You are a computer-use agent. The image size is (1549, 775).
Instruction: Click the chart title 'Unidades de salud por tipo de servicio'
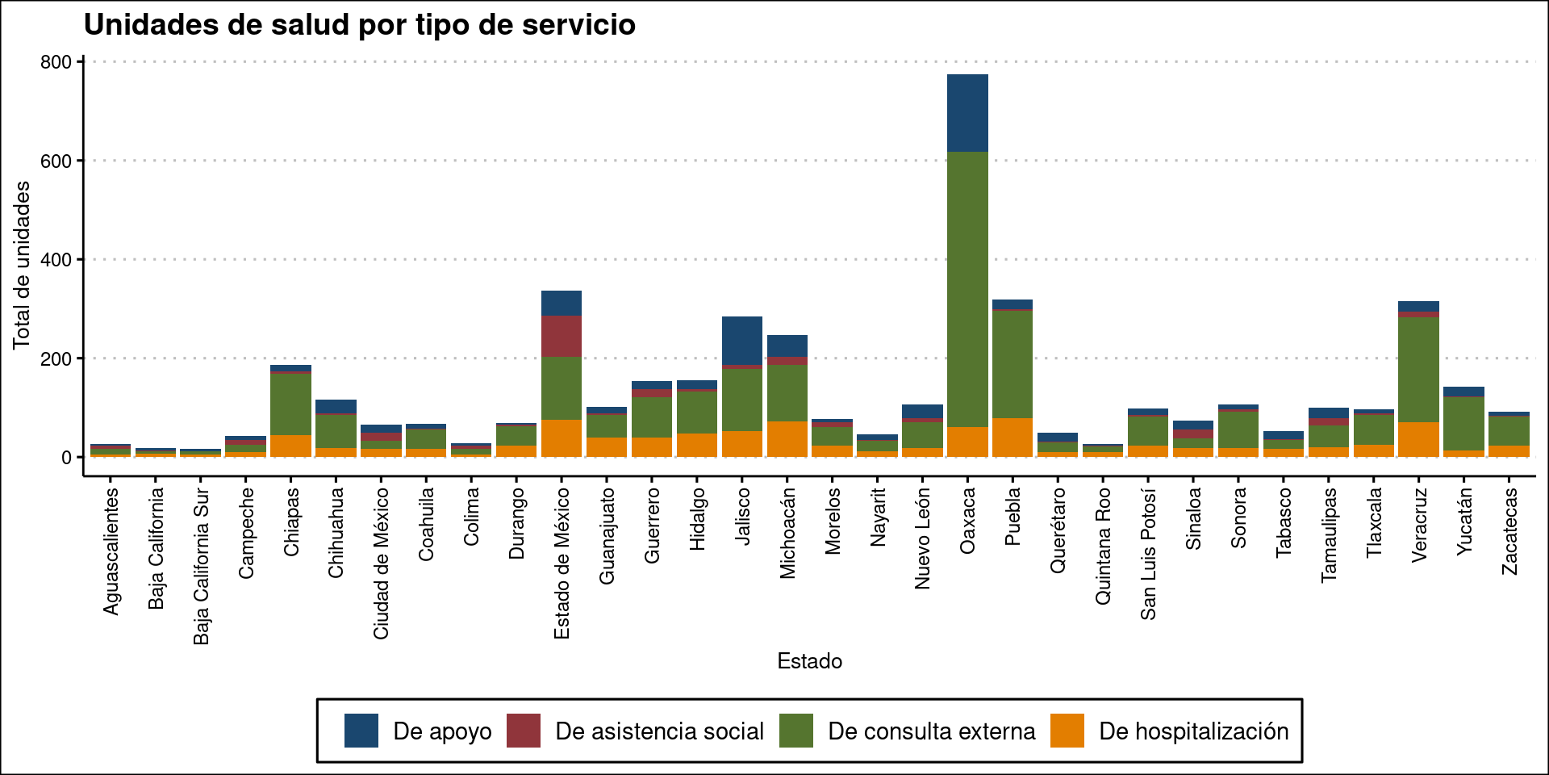[360, 25]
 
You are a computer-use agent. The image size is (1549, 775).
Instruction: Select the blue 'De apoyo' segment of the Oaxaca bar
[967, 113]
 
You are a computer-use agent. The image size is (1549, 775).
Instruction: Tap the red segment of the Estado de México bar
[562, 336]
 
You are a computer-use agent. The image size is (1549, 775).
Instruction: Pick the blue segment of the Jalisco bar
[742, 340]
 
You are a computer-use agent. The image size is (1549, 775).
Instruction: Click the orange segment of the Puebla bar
[1012, 437]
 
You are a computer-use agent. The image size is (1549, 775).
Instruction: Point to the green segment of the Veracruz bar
[1418, 369]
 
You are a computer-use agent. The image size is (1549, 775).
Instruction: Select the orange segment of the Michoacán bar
[787, 438]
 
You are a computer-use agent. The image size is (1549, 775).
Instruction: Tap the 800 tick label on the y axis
[56, 62]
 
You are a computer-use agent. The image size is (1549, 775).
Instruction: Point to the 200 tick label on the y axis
[56, 359]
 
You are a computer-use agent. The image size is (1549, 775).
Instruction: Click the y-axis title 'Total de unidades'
[22, 266]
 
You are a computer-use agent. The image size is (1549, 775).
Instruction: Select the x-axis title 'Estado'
[809, 661]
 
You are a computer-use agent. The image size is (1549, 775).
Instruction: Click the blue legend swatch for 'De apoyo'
[361, 731]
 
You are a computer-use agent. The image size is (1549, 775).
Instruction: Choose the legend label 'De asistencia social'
[659, 731]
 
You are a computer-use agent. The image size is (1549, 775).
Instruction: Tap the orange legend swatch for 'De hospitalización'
[1067, 731]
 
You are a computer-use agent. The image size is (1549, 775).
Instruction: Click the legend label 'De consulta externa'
[932, 731]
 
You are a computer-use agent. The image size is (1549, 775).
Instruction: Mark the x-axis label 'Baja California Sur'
[202, 565]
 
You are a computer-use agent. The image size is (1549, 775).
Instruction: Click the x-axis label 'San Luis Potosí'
[1148, 554]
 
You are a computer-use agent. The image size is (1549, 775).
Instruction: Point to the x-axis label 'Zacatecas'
[1509, 531]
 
